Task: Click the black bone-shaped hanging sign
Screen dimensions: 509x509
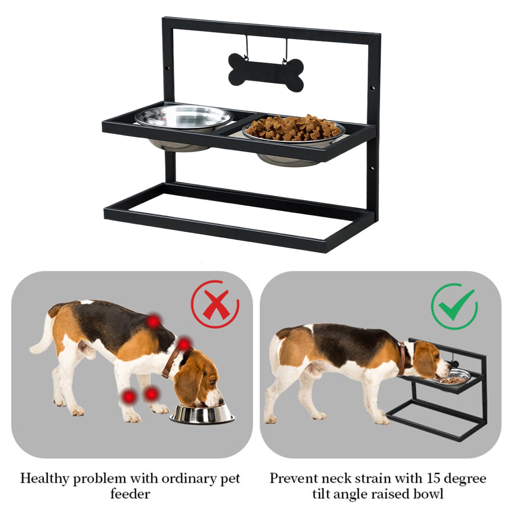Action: click(266, 72)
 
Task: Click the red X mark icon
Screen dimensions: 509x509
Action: click(215, 304)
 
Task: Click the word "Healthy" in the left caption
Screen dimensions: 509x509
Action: click(46, 478)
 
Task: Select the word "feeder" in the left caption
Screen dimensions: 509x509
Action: click(130, 494)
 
